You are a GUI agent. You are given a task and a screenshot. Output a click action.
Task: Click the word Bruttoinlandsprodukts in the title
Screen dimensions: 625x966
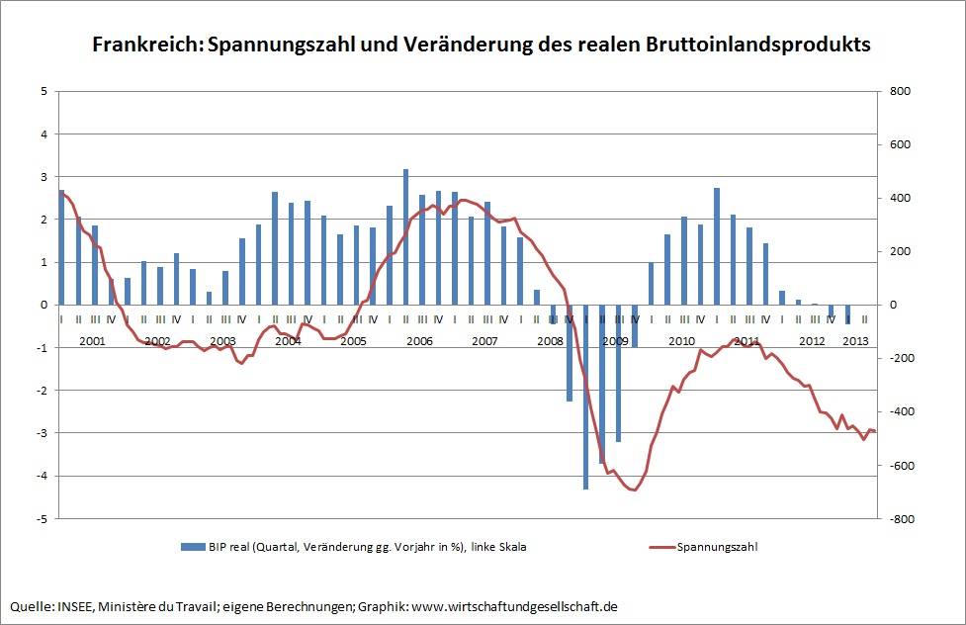coord(758,45)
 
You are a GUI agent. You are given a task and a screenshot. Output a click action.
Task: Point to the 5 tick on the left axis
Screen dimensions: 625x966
coord(44,91)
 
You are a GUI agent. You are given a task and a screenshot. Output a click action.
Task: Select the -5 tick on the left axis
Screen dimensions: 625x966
coord(42,518)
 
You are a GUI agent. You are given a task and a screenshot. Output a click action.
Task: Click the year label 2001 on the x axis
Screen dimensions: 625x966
coord(92,341)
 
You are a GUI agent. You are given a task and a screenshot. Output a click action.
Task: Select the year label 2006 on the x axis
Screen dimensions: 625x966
coord(419,341)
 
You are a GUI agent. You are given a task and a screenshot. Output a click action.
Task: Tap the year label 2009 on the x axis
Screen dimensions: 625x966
coord(615,341)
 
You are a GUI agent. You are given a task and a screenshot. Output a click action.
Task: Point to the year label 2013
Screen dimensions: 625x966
coord(855,341)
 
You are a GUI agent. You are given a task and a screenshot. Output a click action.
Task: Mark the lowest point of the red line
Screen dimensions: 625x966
coord(634,490)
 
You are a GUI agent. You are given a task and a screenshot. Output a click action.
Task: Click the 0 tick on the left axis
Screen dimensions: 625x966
coord(44,305)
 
